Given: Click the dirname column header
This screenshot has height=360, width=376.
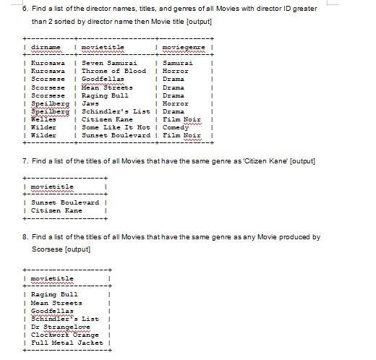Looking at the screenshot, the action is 45,47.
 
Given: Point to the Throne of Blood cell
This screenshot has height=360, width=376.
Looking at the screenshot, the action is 114,71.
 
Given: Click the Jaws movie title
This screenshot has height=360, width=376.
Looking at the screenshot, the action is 90,103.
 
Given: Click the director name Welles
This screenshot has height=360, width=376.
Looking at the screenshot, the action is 43,119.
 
